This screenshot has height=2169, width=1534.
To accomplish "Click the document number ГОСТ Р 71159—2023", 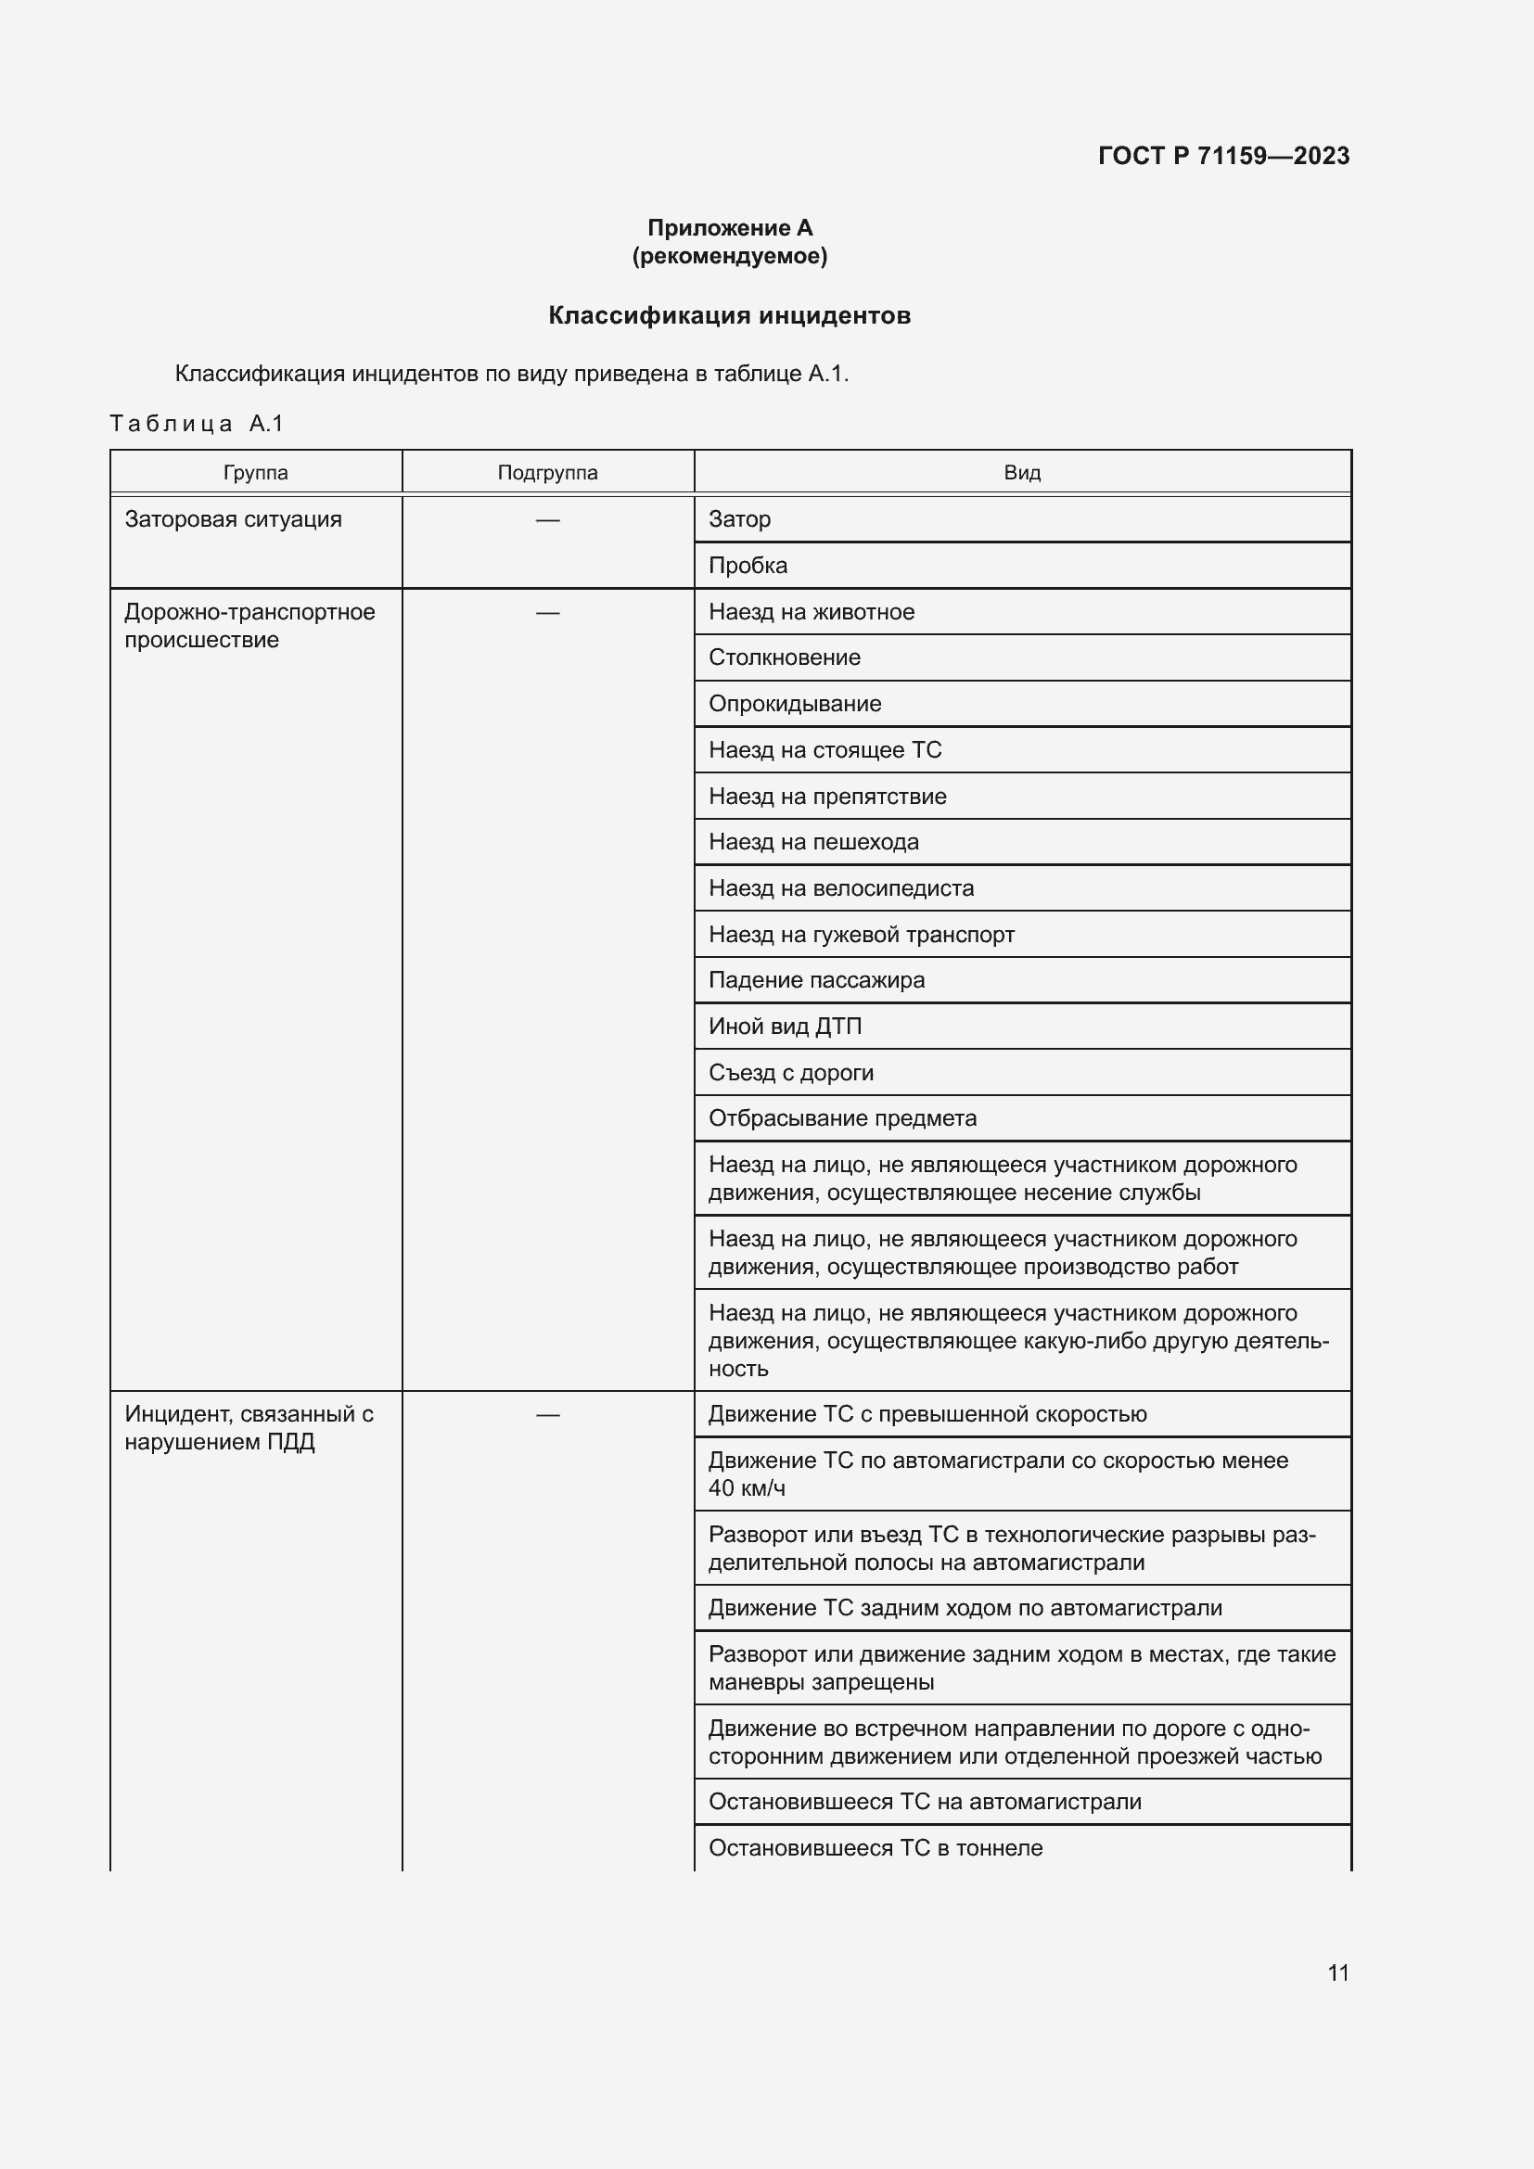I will tap(1223, 156).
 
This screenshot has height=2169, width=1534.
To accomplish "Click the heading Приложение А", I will tap(729, 228).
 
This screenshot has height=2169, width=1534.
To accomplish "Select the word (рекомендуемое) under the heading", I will tap(729, 256).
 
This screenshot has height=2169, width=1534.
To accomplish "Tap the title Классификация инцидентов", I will tap(729, 315).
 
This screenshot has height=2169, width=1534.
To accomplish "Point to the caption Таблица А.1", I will tap(197, 423).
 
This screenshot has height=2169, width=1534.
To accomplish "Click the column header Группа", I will tap(256, 472).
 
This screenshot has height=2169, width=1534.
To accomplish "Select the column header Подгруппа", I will tap(547, 472).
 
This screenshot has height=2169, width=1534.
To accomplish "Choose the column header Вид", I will tap(1022, 472).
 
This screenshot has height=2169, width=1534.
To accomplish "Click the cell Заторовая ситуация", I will tap(234, 519).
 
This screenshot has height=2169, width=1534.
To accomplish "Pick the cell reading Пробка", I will tap(748, 566).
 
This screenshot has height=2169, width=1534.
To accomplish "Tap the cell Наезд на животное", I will tap(812, 612).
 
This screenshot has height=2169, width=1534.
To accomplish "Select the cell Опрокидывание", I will tap(795, 704).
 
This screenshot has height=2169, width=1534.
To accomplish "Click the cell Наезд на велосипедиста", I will tap(840, 888).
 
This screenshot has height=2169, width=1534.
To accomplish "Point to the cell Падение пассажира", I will tap(816, 980).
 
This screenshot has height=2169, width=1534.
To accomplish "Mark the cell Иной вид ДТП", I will tap(785, 1027).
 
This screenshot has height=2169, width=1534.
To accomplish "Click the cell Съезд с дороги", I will tap(790, 1073).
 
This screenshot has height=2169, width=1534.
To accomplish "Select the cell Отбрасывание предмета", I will tap(842, 1118).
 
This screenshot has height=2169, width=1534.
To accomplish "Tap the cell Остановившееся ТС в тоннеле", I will tap(876, 1848).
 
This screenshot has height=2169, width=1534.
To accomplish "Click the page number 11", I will tap(1337, 1972).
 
